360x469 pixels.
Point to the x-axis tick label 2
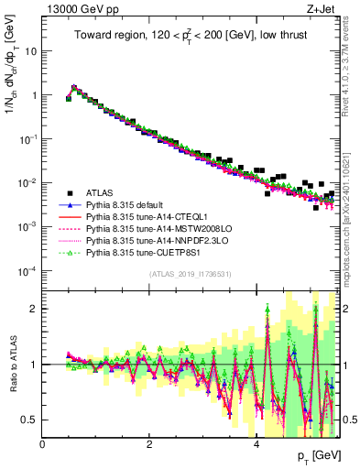point(149,443)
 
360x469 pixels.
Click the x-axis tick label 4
point(256,443)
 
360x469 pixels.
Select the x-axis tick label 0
point(42,443)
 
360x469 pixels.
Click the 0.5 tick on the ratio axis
point(31,420)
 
